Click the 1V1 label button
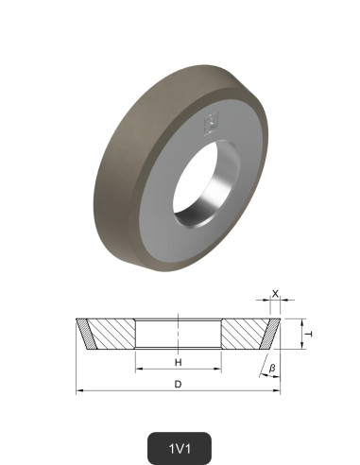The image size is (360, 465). click(x=179, y=446)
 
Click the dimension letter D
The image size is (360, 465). click(x=179, y=384)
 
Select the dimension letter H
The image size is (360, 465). click(x=178, y=363)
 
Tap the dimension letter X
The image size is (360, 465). click(x=275, y=294)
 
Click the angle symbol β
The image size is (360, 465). click(x=272, y=366)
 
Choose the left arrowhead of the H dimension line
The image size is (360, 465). click(x=138, y=370)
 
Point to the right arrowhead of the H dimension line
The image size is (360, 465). click(x=219, y=370)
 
